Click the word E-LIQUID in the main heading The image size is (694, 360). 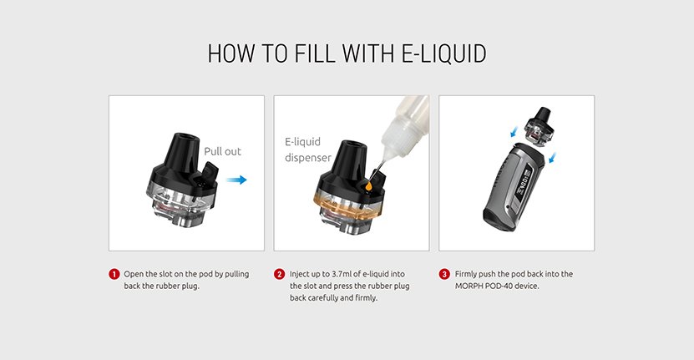444,54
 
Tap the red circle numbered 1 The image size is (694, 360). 114,274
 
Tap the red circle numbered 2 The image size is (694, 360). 279,274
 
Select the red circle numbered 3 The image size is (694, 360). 444,274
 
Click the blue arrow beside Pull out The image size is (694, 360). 236,180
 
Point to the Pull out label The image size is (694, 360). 222,151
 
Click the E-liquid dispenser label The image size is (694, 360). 307,150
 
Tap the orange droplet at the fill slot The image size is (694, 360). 368,186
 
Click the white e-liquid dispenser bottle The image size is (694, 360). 404,126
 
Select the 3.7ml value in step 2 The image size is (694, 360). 342,274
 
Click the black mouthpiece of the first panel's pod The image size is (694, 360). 180,150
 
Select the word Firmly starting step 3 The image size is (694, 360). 466,274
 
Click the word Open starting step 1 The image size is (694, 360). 134,275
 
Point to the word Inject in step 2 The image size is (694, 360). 300,275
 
